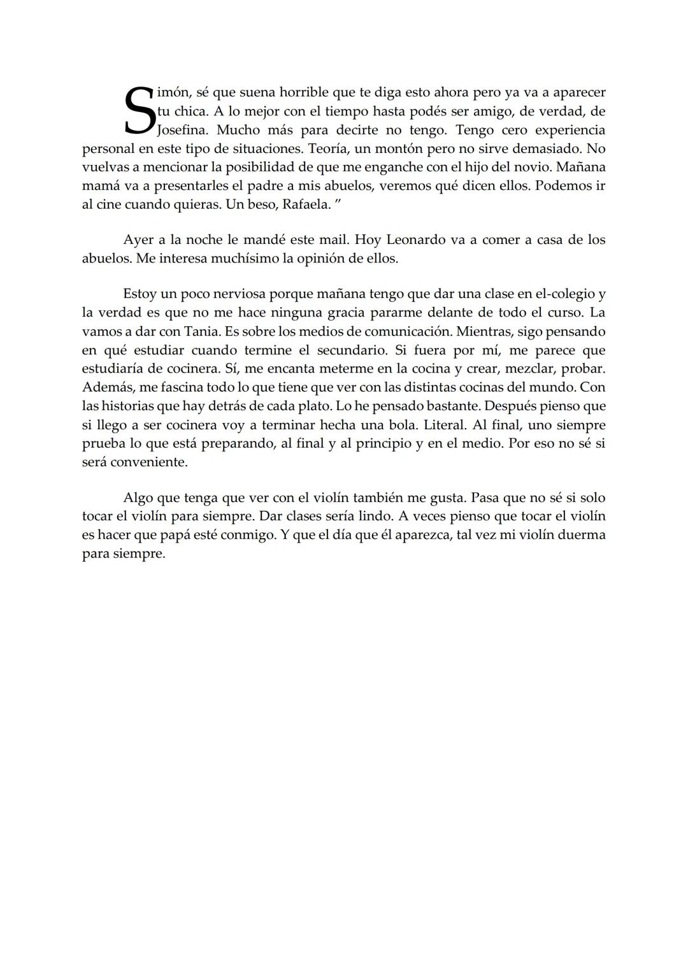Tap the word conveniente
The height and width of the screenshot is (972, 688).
pyautogui.click(x=149, y=462)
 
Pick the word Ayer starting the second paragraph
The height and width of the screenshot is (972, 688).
pyautogui.click(x=138, y=240)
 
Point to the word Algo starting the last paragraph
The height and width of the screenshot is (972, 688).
pyautogui.click(x=138, y=497)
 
